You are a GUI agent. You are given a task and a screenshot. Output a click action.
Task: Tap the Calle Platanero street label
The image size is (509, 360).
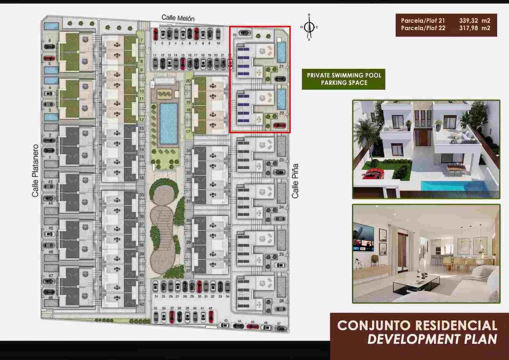[x=35, y=171]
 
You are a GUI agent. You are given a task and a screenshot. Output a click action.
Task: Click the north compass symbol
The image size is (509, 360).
[x=310, y=27]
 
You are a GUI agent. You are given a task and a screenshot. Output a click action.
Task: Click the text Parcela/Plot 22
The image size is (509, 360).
[x=423, y=28]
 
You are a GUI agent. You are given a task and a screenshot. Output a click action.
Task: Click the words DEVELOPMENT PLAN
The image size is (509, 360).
[x=432, y=339]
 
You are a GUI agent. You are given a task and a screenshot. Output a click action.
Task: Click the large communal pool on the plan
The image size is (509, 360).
[x=169, y=123]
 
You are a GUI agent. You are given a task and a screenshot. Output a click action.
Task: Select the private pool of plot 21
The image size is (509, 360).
[x=282, y=52]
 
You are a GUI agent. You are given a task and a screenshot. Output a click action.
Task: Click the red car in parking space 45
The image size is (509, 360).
[x=253, y=327]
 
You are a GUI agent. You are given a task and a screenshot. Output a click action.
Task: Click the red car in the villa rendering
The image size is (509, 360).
[x=373, y=173]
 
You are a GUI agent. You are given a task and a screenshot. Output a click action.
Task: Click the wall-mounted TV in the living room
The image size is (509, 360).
[x=363, y=237]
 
